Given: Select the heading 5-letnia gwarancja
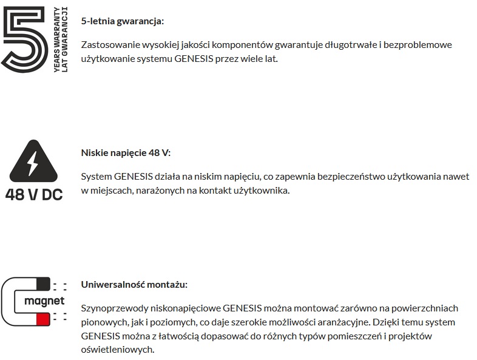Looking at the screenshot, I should (122, 21).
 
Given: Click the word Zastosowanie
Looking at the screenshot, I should (109, 45).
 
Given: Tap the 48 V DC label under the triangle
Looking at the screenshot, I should (33, 195).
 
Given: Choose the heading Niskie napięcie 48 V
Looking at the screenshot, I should (130, 153).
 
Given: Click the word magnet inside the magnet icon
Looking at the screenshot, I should (44, 301).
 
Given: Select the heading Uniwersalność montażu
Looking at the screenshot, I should (134, 284).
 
